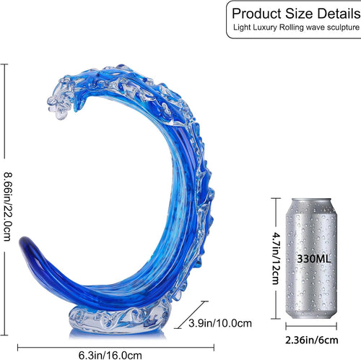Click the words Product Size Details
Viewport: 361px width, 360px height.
[x=296, y=14]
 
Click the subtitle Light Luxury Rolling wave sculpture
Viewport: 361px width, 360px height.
[x=296, y=27]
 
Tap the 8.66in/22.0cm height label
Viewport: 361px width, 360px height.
[x=7, y=207]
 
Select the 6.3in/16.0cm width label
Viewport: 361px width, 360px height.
[x=110, y=355]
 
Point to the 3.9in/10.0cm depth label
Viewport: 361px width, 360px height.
[x=220, y=323]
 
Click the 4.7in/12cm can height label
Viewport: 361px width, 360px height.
[x=276, y=258]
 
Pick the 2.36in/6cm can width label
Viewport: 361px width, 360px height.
[x=312, y=340]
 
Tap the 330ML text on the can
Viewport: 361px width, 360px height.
[x=314, y=259]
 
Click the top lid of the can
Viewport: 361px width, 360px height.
[x=312, y=202]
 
